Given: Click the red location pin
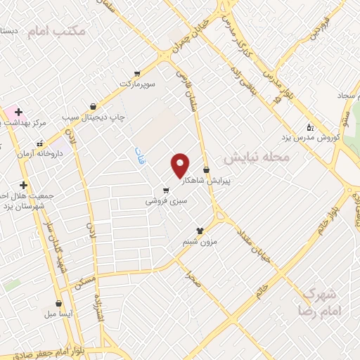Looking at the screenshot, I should point(181,165).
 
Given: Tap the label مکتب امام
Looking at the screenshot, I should point(57,31).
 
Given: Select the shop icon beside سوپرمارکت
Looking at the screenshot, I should point(137,72).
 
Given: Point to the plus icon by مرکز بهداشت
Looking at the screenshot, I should point(18,112).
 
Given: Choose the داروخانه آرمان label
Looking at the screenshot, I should point(40,153).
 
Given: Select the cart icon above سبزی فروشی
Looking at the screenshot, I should point(165,190).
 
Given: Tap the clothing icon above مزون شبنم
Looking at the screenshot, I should point(200,230).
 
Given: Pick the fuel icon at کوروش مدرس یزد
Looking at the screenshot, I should point(310,127).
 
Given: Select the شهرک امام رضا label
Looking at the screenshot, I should point(319,301).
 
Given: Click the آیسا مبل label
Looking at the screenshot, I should point(58,314).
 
